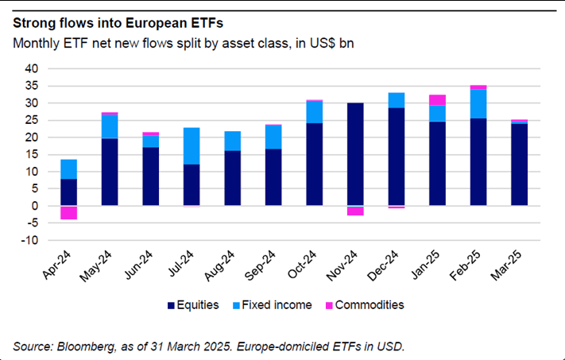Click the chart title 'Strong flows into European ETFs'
118,21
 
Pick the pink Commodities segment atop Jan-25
437,100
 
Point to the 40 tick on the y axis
31,69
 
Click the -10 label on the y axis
29,240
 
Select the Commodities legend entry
370,304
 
